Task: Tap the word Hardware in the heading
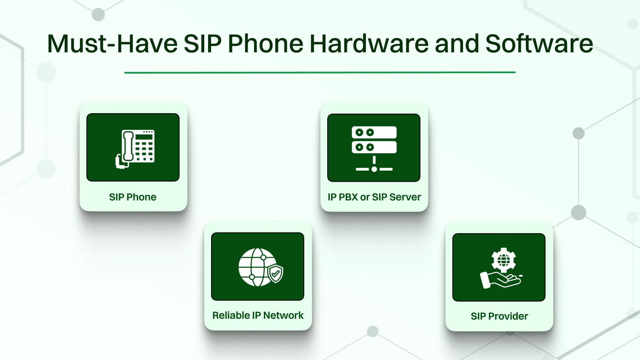(x=369, y=44)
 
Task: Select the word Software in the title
(x=539, y=44)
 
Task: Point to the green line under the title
(x=320, y=72)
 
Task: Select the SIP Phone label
(x=132, y=197)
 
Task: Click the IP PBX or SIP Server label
(x=374, y=197)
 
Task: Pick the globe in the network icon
(x=254, y=267)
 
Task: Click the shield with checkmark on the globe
(x=275, y=273)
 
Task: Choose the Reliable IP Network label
(x=258, y=315)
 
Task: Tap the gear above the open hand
(x=503, y=260)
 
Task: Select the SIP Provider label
(x=499, y=316)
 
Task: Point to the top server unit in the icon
(x=374, y=132)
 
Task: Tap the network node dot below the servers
(x=374, y=169)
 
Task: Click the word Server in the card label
(x=405, y=197)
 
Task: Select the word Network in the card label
(x=283, y=315)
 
